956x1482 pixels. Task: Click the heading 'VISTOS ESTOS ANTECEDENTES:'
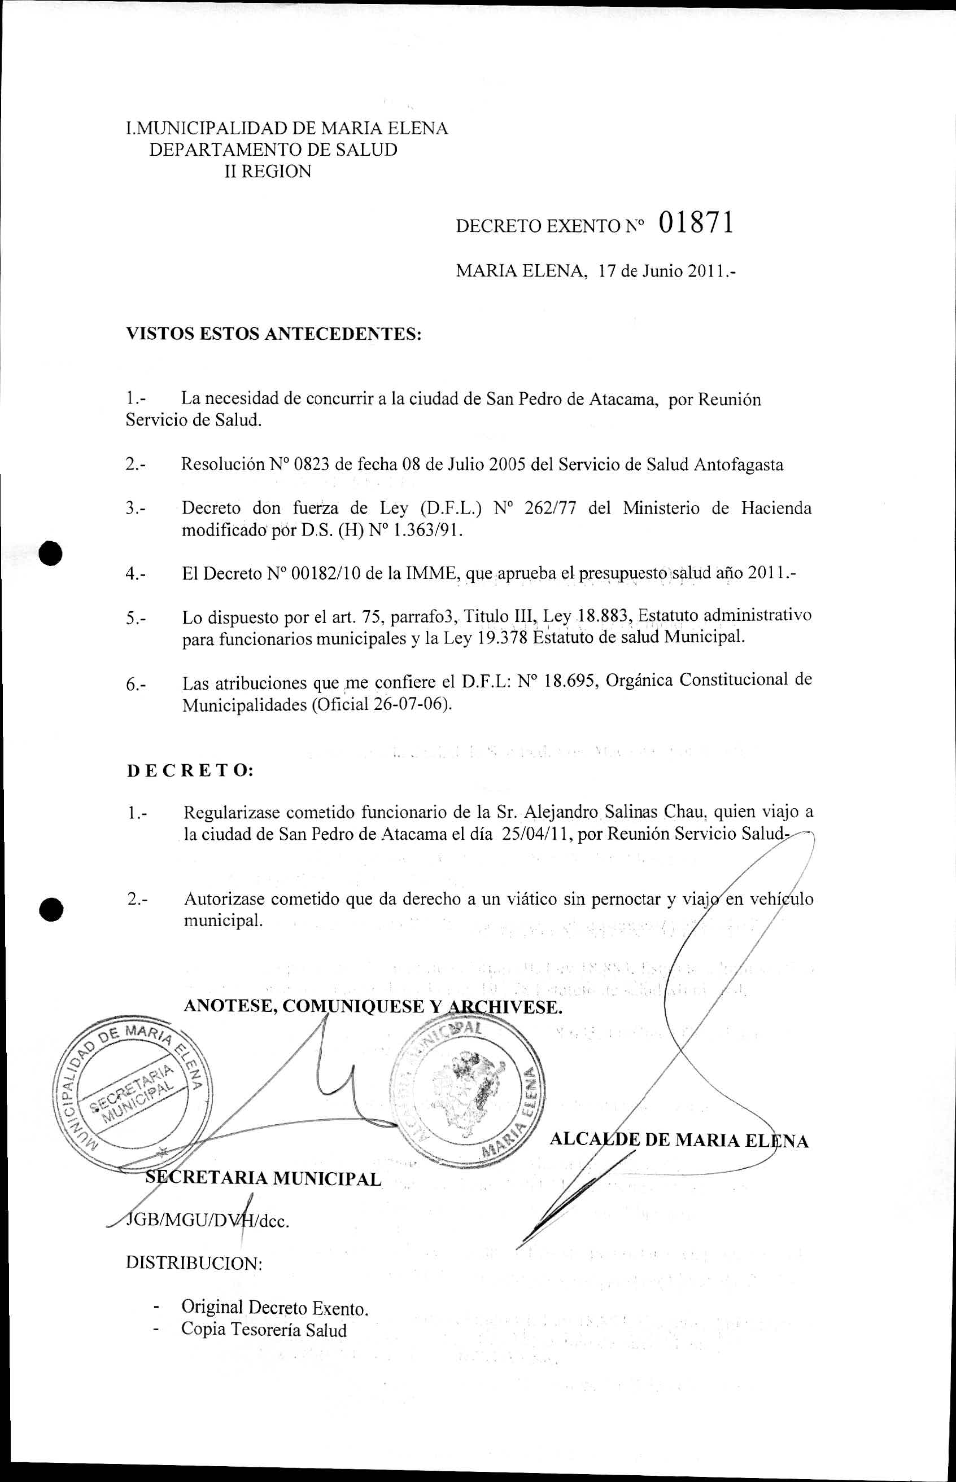click(x=274, y=334)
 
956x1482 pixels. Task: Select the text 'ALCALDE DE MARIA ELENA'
click(x=679, y=1140)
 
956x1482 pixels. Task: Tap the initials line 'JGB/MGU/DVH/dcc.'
click(x=207, y=1221)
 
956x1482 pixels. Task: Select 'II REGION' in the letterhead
click(x=268, y=172)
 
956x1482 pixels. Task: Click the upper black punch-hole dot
click(x=51, y=553)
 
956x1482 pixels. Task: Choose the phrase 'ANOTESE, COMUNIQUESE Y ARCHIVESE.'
click(x=373, y=1006)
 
